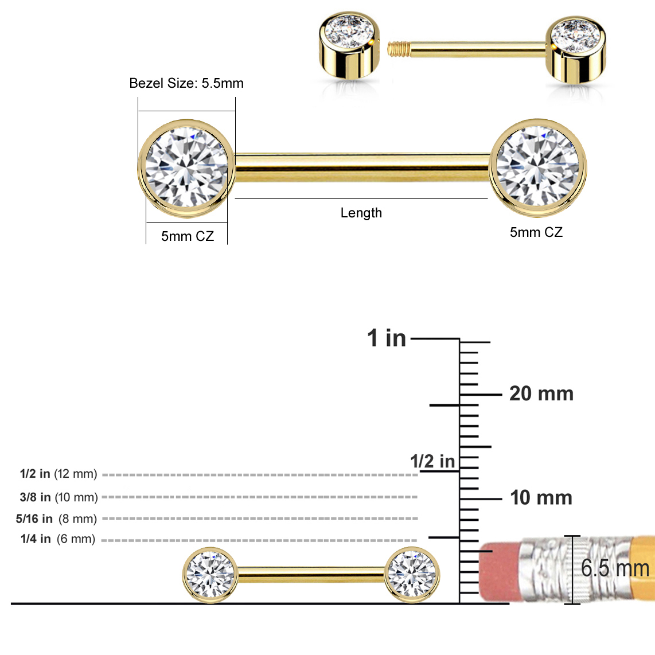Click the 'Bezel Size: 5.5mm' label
tap(186, 83)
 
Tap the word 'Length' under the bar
tap(361, 213)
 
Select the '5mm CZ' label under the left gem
tap(187, 236)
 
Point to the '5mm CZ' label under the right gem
tap(536, 232)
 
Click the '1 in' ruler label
tap(386, 338)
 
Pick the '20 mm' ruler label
tap(541, 393)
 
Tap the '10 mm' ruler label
tap(541, 497)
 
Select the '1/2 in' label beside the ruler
tap(432, 461)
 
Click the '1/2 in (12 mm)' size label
tap(59, 474)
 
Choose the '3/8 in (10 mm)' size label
tap(59, 497)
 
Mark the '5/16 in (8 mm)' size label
tap(56, 518)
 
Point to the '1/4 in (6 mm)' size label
tap(58, 539)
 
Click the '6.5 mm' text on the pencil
tap(614, 568)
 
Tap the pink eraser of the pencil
tap(498, 570)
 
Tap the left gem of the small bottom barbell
tap(210, 574)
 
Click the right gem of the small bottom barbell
tap(412, 574)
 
